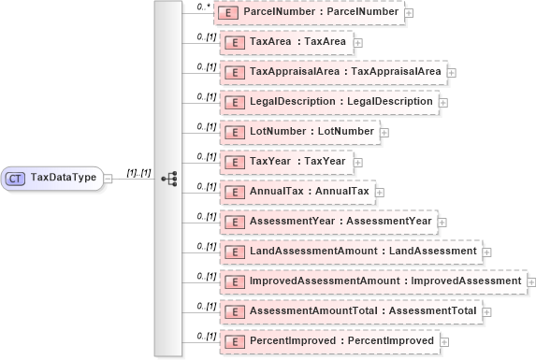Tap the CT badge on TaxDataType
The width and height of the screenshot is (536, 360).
tap(16, 178)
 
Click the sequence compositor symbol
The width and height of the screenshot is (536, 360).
tap(169, 178)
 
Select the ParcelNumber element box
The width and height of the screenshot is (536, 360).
tap(310, 11)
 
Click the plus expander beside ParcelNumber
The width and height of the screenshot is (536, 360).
tap(410, 14)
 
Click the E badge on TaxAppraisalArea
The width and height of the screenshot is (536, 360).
tap(236, 72)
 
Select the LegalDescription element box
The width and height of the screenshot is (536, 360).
tap(327, 101)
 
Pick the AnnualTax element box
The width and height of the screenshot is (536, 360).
tap(296, 191)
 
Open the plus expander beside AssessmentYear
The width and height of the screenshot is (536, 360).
tap(442, 223)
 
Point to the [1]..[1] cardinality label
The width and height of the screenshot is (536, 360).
tap(138, 172)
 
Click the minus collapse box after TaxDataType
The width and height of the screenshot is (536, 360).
tap(109, 178)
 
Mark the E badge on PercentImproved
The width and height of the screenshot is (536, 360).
tap(236, 341)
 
